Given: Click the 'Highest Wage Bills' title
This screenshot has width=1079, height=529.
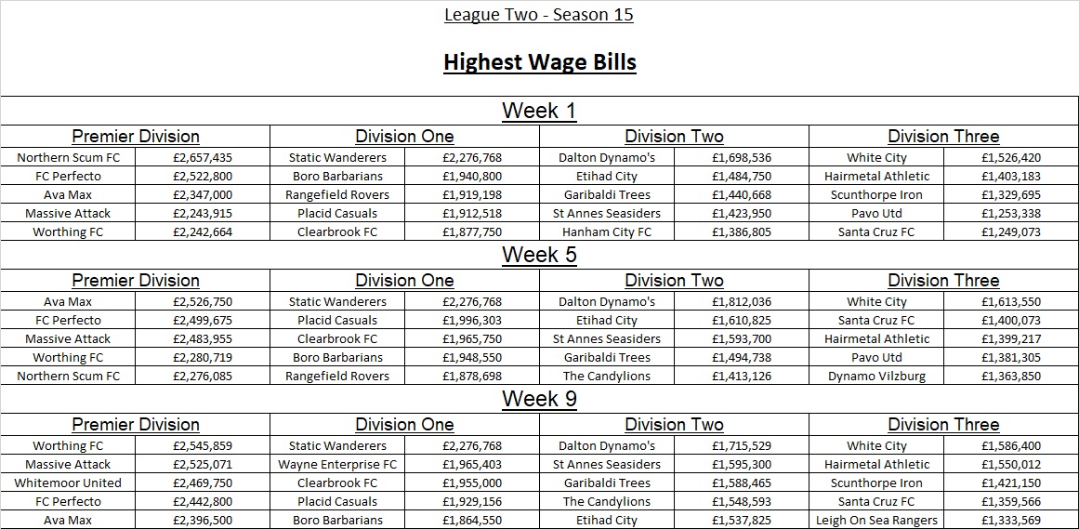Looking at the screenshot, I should click(539, 62).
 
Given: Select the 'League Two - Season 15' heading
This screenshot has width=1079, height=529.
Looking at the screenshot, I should click(539, 15).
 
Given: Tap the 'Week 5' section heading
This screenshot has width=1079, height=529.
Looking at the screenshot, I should click(539, 255).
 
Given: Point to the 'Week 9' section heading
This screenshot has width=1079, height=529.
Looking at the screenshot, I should click(539, 399).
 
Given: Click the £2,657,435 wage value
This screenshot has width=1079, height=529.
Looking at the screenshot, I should click(203, 157).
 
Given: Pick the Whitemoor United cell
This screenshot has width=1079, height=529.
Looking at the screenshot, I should click(68, 483).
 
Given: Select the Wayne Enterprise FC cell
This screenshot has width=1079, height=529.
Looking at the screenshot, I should click(337, 464).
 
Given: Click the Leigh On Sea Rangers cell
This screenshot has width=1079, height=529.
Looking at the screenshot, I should click(876, 520).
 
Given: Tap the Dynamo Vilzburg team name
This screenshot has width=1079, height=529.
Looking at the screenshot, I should click(876, 376).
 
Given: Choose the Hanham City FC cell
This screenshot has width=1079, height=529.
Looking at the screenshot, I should click(607, 231).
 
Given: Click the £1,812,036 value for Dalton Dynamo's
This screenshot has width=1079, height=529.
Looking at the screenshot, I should click(742, 301).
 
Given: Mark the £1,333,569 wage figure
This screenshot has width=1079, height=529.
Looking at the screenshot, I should click(1011, 520).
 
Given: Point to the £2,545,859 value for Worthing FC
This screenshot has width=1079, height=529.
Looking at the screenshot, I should click(203, 445).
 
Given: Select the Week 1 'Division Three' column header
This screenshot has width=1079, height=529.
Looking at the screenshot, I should click(943, 137).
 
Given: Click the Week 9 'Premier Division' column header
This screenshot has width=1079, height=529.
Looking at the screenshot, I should click(136, 425).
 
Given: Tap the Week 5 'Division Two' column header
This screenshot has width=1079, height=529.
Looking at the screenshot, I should click(674, 281).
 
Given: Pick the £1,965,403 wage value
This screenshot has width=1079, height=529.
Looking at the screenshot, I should click(472, 464).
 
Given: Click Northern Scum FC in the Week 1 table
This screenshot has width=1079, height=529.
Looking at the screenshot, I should click(68, 157).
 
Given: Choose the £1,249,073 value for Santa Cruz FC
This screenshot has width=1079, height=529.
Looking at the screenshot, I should click(1011, 231).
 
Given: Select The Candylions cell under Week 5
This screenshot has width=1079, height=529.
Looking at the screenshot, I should click(607, 376).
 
